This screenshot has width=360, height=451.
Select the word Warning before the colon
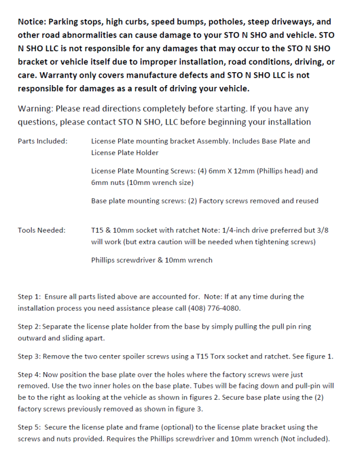(x=36, y=108)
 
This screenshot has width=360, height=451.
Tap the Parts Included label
(x=43, y=141)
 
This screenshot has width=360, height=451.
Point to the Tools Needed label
(x=41, y=230)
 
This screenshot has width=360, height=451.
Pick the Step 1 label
(x=29, y=297)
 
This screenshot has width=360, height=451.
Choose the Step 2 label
(x=29, y=326)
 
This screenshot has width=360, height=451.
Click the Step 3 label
(x=29, y=356)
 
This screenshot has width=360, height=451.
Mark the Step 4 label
(x=29, y=374)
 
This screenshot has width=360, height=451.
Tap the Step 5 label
(x=29, y=427)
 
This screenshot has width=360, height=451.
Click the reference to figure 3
(x=188, y=409)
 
